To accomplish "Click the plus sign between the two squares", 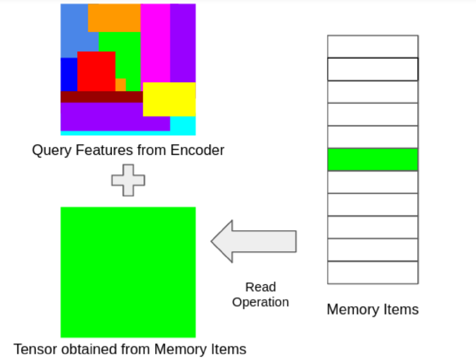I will click(x=128, y=180).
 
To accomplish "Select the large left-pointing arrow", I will click(x=253, y=241).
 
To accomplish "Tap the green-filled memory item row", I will click(x=372, y=159).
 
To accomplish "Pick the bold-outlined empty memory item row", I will click(x=372, y=69).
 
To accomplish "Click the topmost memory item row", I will click(x=372, y=46).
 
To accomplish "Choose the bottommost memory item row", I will click(x=372, y=272).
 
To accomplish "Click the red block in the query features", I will click(x=96, y=71).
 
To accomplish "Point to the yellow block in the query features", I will click(x=169, y=99).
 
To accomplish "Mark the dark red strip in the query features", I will click(x=101, y=97).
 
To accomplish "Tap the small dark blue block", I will click(x=68, y=74).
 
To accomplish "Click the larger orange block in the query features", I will click(x=114, y=18).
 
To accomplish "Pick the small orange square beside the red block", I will click(x=120, y=85).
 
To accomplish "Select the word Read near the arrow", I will click(x=260, y=287).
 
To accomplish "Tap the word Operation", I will click(x=260, y=302).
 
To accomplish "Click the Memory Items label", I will click(x=372, y=309).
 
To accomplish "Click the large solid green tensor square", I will click(x=128, y=272).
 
